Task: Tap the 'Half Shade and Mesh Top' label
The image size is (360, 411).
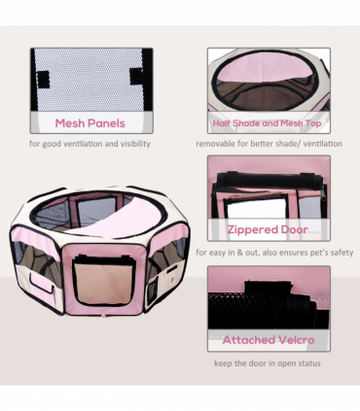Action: click(x=267, y=123)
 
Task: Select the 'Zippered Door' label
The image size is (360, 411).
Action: click(x=267, y=230)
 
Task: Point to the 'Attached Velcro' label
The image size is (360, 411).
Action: click(x=267, y=340)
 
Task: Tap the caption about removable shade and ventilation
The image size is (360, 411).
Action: click(x=269, y=145)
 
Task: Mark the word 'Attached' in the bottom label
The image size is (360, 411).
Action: click(x=247, y=340)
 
